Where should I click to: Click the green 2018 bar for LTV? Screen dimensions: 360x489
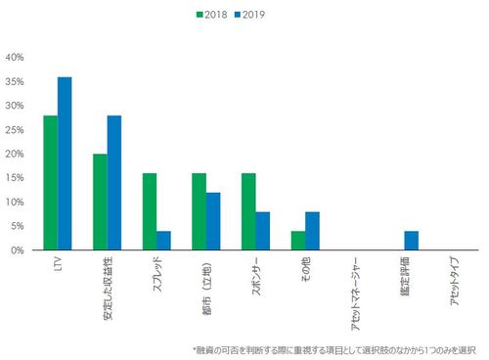(50, 183)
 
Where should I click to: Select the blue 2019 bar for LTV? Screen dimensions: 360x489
(65, 163)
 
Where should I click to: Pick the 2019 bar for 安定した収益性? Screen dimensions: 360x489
(114, 183)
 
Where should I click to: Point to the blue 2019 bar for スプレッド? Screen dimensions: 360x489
(164, 241)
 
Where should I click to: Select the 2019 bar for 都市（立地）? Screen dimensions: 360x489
(213, 221)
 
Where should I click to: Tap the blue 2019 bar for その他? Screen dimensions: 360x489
(313, 231)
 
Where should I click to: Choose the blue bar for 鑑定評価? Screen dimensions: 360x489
(412, 241)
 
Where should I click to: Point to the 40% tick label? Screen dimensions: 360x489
(15, 57)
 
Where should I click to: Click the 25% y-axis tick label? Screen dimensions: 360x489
(15, 129)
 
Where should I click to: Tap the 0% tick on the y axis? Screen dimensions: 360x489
(18, 250)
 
